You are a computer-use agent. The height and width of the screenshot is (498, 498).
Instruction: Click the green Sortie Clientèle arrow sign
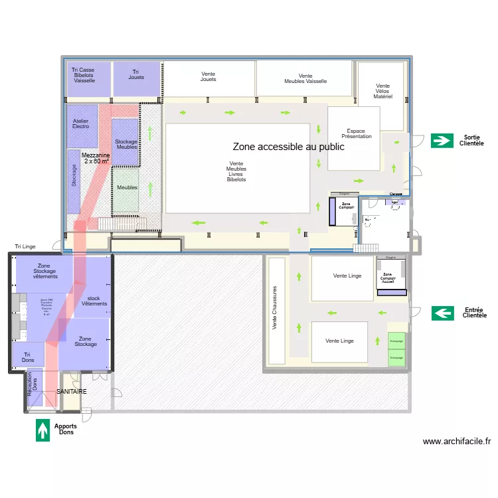pos(442,140)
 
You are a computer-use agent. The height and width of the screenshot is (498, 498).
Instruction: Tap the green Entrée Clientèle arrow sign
pos(443,313)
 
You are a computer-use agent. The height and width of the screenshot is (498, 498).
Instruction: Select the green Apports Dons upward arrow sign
pos(43,430)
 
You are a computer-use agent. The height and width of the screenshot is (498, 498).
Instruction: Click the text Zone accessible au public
pos(288,147)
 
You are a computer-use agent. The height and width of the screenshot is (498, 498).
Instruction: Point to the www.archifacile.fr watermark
pos(456,441)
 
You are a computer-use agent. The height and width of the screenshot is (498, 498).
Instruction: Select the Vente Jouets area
pos(208,78)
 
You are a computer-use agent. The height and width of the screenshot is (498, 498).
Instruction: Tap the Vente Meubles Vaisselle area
pos(304,78)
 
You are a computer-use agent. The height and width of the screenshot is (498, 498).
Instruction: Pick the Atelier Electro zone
pos(82,124)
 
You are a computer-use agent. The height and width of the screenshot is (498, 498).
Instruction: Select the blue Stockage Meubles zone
pos(125,142)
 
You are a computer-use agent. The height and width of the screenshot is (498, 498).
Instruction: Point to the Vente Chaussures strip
pos(276,309)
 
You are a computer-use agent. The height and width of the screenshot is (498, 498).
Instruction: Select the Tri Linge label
pos(25,246)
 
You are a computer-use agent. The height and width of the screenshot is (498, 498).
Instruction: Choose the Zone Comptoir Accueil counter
pos(387,277)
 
